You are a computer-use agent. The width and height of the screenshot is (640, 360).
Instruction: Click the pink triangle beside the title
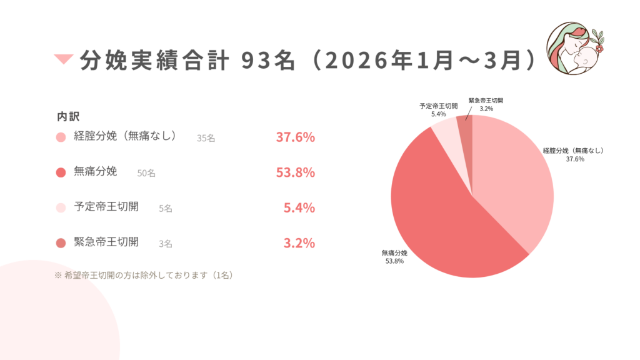tap(64, 59)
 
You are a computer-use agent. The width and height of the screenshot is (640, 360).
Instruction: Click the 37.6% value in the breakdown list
tap(295, 137)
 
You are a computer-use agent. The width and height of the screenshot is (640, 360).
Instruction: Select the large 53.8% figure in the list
tap(295, 172)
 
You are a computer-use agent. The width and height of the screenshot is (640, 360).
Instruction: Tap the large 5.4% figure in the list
tap(299, 207)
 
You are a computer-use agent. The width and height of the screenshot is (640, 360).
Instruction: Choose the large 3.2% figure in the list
tap(299, 243)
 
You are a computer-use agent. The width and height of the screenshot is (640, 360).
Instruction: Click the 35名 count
tap(206, 138)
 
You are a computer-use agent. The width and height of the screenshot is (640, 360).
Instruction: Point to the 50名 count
tap(146, 173)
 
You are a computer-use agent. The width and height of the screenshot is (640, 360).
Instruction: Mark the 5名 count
tap(166, 209)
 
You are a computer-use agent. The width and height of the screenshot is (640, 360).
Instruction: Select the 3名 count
tap(166, 244)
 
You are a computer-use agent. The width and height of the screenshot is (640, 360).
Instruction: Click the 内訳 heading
tap(68, 116)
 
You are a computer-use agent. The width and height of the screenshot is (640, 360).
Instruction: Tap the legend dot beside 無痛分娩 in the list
tap(61, 172)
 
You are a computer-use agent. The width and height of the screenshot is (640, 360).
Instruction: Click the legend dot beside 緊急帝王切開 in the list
tap(61, 243)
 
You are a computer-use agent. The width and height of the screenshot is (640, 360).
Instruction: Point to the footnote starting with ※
tap(144, 274)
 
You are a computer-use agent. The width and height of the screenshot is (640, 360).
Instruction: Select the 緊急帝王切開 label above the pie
tap(486, 100)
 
